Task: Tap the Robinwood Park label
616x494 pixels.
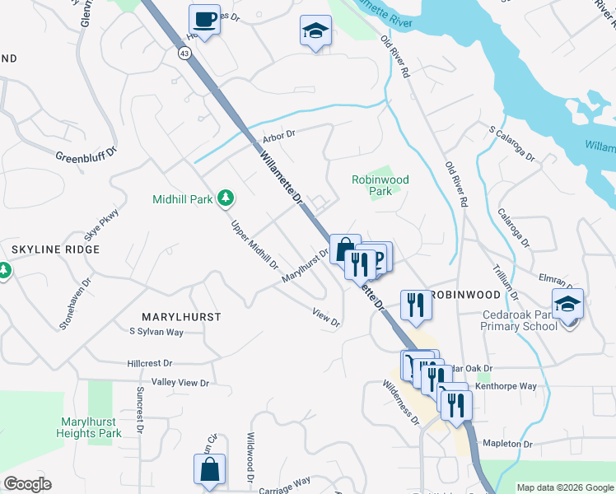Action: (x=380, y=184)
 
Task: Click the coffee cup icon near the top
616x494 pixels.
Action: (x=203, y=18)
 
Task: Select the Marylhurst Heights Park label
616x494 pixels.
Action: (x=91, y=427)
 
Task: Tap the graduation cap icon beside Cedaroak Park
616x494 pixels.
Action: (x=567, y=303)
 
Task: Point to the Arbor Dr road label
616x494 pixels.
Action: (x=278, y=136)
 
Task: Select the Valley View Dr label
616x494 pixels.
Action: (x=181, y=383)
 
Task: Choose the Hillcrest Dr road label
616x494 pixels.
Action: (x=150, y=362)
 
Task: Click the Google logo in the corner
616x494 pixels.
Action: (x=27, y=484)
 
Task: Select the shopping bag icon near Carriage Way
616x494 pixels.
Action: (x=209, y=468)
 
